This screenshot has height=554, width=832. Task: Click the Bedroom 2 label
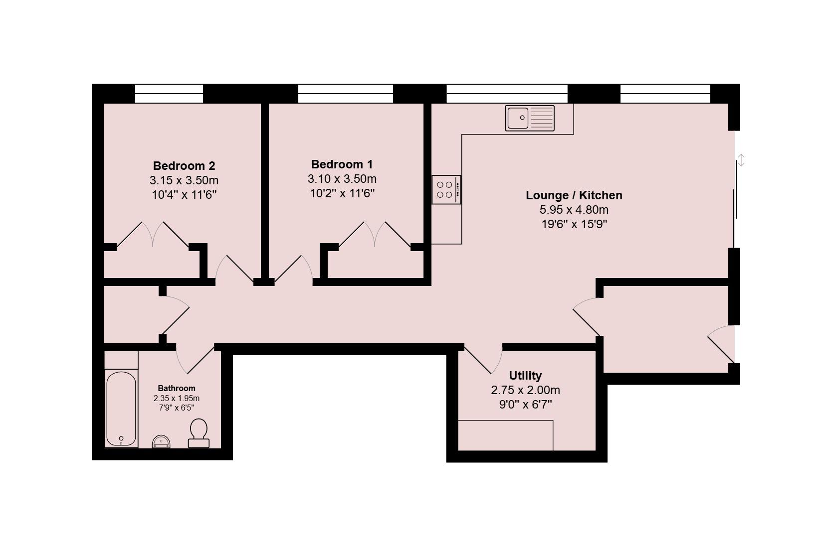click(184, 165)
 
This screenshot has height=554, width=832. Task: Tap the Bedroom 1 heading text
click(342, 164)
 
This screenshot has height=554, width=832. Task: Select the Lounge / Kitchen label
click(574, 195)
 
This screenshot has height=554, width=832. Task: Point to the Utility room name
click(525, 376)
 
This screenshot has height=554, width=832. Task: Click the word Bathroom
click(177, 388)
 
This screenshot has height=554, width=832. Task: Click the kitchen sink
click(530, 118)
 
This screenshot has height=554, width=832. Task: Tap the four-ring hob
click(446, 190)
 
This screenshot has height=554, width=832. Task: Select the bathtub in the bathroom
click(121, 409)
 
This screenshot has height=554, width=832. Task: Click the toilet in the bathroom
click(199, 433)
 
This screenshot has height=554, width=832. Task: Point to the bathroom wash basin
click(161, 441)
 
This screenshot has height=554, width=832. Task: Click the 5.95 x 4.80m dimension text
click(574, 210)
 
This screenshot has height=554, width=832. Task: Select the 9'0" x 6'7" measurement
click(525, 405)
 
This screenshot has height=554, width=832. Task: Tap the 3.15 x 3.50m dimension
click(184, 180)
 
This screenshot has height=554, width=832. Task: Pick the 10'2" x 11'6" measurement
click(342, 193)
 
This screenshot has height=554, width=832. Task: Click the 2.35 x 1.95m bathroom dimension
click(177, 398)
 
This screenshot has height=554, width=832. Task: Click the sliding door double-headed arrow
click(741, 160)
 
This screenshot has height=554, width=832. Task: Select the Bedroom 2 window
click(169, 94)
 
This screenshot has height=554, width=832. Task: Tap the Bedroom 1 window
click(346, 94)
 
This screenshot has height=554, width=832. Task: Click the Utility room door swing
click(484, 360)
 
